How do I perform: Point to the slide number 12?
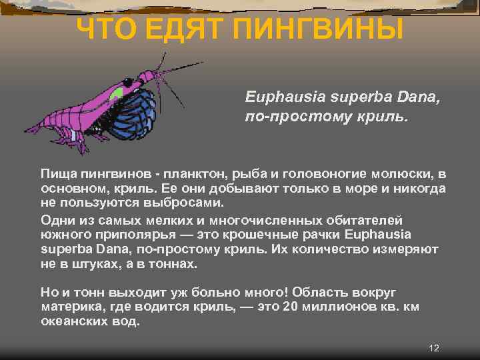435,348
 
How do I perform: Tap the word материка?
70,307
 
